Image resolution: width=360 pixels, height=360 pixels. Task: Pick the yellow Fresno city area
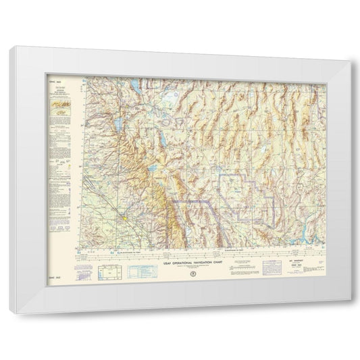click(x=126, y=219)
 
